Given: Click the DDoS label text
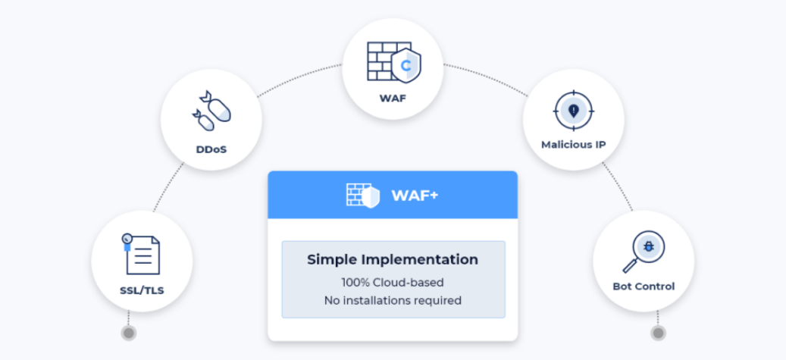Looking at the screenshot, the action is tap(211, 150).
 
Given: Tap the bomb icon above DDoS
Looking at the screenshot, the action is tap(211, 111).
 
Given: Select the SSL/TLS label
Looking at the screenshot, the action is tap(142, 290).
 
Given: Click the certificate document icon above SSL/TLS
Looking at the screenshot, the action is tap(141, 254).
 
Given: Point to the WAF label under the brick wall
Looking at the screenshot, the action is tap(393, 98).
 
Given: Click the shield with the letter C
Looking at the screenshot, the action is tap(406, 65).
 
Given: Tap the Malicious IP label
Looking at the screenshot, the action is tap(574, 145).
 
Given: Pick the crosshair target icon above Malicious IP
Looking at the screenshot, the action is tap(574, 111).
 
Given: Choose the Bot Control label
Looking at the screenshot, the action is tap(644, 286).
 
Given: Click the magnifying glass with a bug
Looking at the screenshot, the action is tap(644, 252).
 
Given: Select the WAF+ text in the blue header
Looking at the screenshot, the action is tap(415, 195).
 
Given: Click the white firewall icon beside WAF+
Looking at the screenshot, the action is tap(363, 195).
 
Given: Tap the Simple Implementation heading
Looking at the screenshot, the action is tap(393, 260).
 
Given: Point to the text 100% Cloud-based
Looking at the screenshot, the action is tap(393, 282).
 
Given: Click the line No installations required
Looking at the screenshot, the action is tap(393, 301).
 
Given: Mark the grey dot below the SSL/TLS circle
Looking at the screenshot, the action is tap(129, 333).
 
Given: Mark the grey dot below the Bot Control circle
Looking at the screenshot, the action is tap(658, 333).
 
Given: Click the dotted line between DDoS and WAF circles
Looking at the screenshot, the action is tap(299, 77).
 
